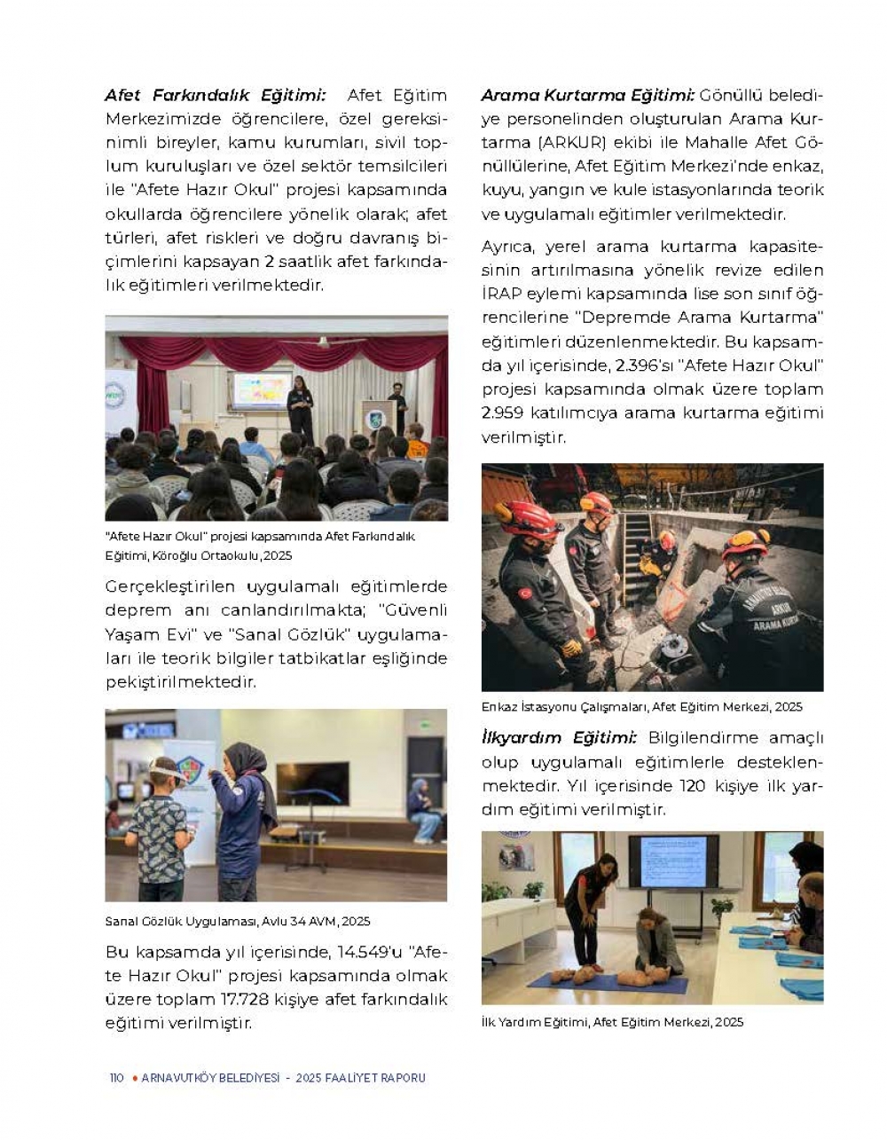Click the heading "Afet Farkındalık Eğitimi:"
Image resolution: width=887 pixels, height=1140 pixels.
tap(215, 95)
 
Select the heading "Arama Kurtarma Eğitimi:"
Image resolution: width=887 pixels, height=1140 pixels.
tap(587, 95)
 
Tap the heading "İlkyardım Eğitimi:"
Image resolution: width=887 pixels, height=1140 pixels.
tap(559, 738)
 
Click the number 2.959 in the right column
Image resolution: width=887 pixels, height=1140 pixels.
tap(505, 413)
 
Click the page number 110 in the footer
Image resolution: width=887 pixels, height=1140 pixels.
tap(116, 1079)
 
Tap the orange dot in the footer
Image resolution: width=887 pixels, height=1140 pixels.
tap(134, 1079)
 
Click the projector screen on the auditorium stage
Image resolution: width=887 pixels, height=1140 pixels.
tap(261, 390)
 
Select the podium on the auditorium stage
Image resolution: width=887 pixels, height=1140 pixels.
tap(378, 417)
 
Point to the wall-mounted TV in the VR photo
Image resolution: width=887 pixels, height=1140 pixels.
tap(311, 782)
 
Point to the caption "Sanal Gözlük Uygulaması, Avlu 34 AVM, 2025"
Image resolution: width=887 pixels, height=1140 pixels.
tap(238, 922)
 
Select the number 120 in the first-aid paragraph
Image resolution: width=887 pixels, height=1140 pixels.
tap(693, 786)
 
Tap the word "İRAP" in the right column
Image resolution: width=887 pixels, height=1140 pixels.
tap(500, 294)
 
